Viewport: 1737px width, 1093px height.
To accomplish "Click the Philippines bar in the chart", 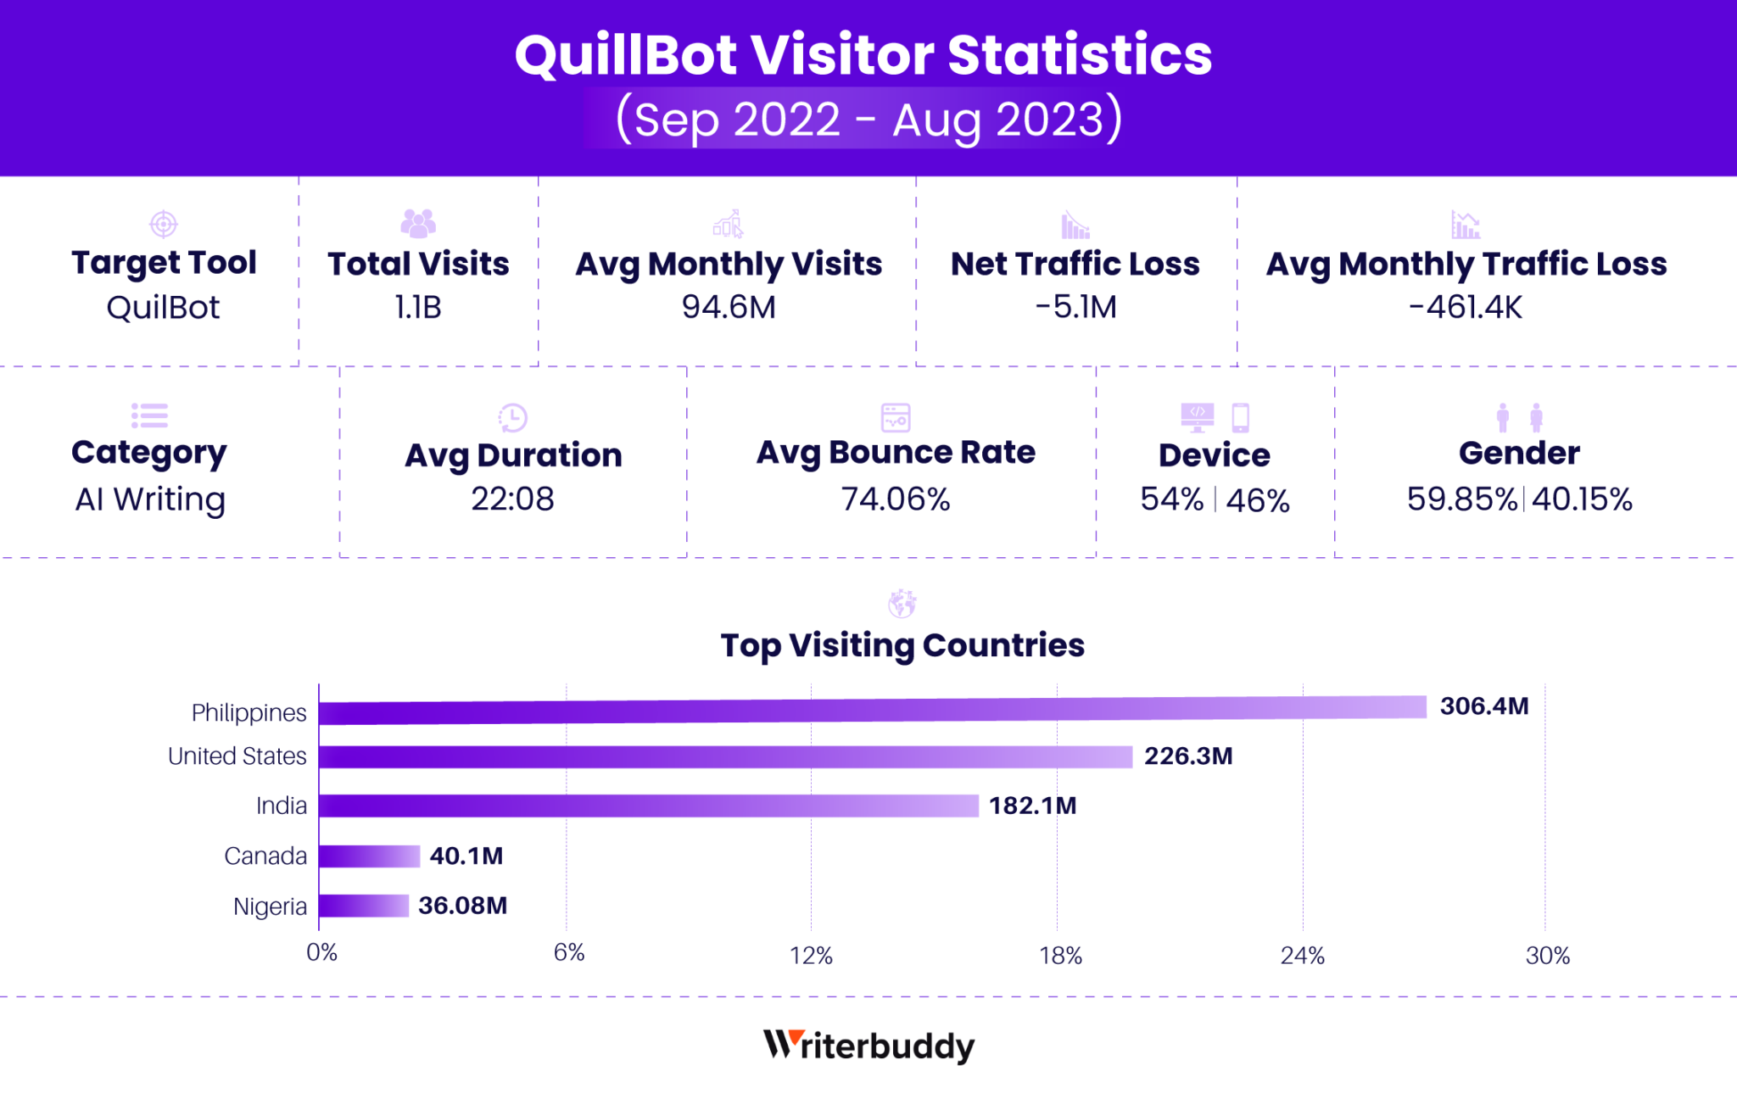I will tap(872, 710).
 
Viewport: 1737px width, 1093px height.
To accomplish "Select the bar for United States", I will tap(725, 756).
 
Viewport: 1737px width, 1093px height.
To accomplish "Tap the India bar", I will tap(649, 806).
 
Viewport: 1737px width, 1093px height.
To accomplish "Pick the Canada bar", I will tap(370, 856).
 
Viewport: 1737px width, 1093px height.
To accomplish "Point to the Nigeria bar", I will tap(364, 906).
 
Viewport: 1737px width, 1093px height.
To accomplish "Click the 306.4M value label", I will tap(1483, 706).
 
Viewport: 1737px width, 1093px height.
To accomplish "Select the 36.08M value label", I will tap(462, 906).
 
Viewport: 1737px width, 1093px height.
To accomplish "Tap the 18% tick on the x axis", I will tap(1060, 956).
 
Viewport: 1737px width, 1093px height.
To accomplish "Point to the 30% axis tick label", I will tap(1547, 956).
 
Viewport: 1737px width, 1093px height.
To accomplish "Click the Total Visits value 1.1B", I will tap(418, 307).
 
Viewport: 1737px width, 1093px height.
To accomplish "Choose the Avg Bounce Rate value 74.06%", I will tap(895, 499).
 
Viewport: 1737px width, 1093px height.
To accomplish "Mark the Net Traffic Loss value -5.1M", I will tap(1075, 307).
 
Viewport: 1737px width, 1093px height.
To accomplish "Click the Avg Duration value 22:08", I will tap(512, 499).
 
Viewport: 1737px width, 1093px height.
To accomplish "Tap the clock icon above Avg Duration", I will tap(512, 417).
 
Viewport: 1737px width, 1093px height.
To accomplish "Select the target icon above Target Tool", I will tap(164, 225).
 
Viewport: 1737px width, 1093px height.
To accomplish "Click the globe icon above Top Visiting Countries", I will tap(902, 604).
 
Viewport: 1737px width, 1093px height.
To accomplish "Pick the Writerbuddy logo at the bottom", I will tap(868, 1046).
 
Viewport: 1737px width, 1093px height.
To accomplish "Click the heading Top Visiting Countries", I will tap(902, 645).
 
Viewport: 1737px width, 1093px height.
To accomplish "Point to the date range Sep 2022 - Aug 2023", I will tap(868, 120).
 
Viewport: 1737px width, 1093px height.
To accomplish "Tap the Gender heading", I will tap(1518, 453).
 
